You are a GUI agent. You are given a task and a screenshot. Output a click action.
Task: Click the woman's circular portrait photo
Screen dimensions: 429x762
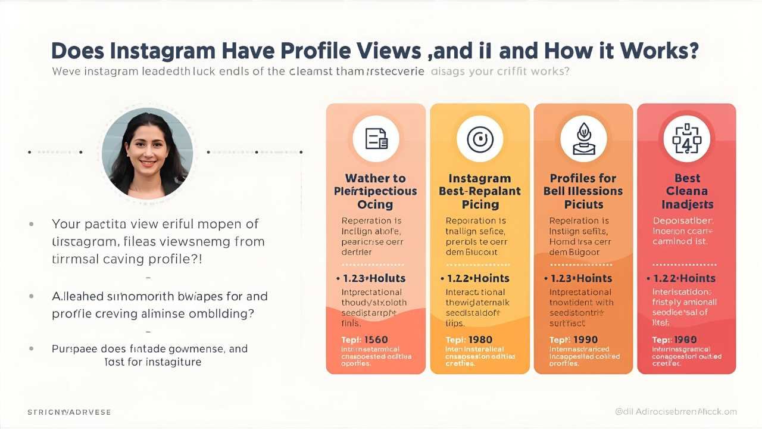[147, 153]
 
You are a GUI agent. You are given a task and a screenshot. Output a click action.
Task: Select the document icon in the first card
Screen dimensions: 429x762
[376, 138]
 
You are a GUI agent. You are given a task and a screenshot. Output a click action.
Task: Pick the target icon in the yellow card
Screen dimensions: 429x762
[479, 138]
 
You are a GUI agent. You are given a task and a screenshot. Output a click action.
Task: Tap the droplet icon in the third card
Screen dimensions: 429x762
[583, 138]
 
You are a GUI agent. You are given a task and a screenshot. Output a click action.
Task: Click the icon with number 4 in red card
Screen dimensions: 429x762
[686, 138]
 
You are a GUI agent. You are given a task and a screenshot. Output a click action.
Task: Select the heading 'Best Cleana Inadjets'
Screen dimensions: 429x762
[686, 191]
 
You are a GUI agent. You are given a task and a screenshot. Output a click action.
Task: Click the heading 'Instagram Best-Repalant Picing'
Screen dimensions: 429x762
[479, 191]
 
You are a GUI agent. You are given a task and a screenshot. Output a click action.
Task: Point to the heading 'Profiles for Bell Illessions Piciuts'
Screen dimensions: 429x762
[583, 191]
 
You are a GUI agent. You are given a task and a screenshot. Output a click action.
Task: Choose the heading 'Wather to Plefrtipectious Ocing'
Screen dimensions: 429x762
[376, 191]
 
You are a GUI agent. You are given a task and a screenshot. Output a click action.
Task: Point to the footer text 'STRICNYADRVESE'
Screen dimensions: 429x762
[69, 412]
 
